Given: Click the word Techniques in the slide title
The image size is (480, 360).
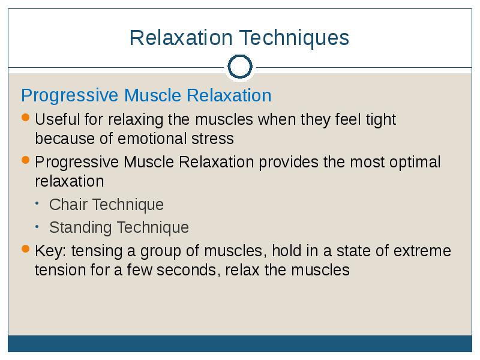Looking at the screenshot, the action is coord(294,38).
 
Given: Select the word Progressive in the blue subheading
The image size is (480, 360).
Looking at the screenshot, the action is coord(70,96).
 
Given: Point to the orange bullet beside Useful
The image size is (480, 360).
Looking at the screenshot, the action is coord(26,118).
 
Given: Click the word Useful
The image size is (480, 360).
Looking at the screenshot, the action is coord(57,119).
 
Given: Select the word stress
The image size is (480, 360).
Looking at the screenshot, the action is coord(212,139).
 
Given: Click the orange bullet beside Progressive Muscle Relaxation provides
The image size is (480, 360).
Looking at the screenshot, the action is coord(26,160).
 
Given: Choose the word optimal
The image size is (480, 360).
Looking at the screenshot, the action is coord(415,162).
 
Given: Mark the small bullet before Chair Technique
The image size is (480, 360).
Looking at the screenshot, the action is coord(37,203).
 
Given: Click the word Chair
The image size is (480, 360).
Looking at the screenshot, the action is coord(68,204).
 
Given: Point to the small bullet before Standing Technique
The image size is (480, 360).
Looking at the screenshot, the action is coord(37,227).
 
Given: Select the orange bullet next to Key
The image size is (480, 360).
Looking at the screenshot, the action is coord(26,249).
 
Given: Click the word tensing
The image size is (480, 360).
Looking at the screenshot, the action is coord(97,251).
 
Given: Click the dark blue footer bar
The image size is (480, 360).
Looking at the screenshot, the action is coord(240,343).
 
